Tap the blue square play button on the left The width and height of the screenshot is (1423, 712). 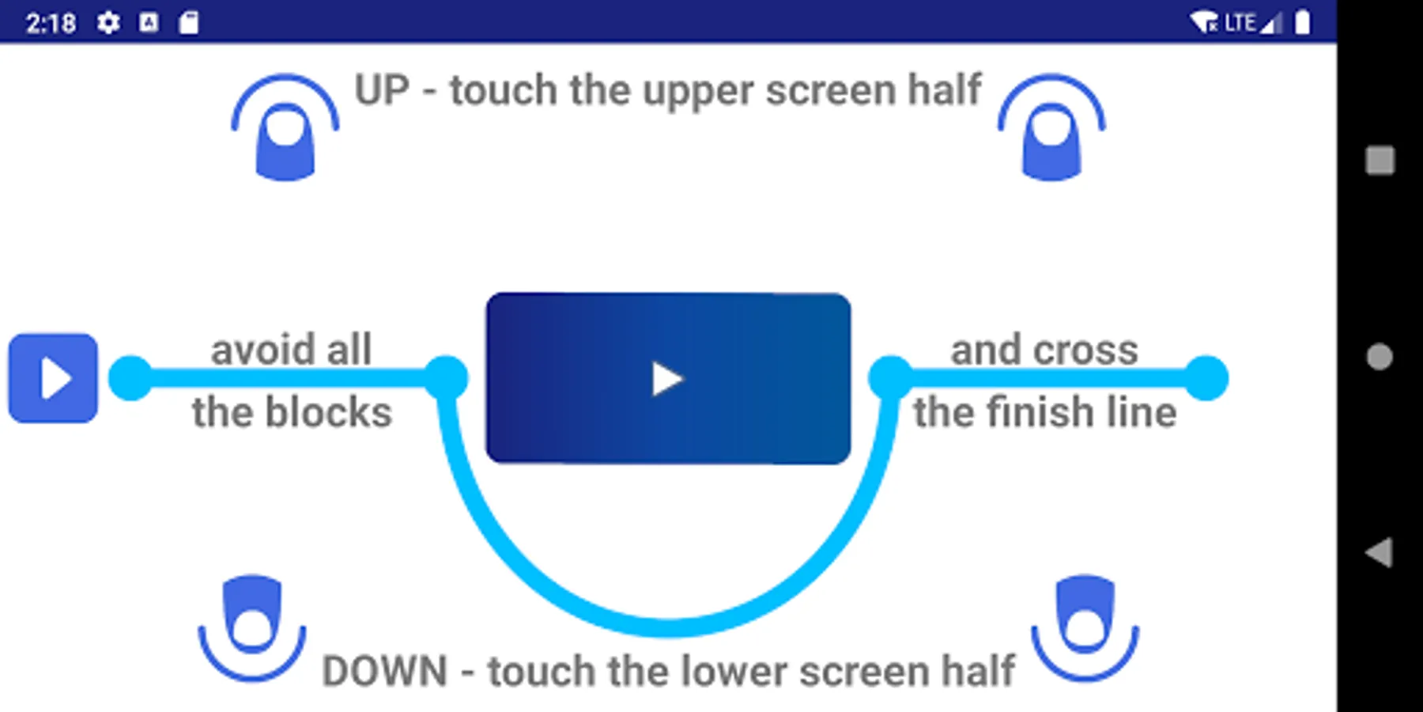[x=53, y=378]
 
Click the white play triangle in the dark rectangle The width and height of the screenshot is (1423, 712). [x=667, y=378]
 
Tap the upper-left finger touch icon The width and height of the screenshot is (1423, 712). [x=285, y=127]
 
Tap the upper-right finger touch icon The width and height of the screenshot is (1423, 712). [x=1051, y=127]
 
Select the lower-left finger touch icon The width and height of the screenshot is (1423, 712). [x=252, y=628]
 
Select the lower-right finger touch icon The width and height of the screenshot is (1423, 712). [x=1085, y=628]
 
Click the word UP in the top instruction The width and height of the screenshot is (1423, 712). [x=382, y=90]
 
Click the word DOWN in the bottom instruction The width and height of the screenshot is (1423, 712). [x=385, y=671]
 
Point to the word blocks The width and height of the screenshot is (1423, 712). [x=328, y=412]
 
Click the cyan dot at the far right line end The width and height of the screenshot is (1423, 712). [x=1206, y=378]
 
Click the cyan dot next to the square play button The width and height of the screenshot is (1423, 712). [x=130, y=378]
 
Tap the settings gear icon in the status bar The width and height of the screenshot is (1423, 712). [x=108, y=23]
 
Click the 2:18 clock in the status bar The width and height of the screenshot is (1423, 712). [x=51, y=24]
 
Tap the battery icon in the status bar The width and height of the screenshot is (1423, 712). [x=1302, y=22]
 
